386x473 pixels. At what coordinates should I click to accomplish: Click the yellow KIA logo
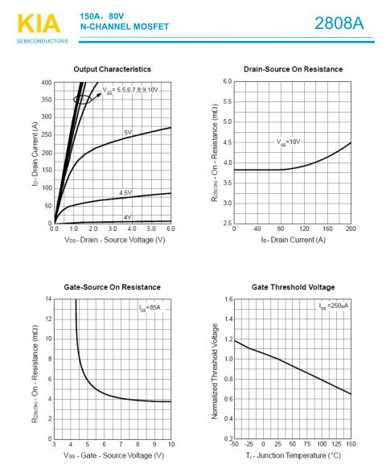pos(39,23)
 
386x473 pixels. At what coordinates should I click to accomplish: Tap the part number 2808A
pos(339,23)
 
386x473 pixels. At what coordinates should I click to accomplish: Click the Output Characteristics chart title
pos(113,69)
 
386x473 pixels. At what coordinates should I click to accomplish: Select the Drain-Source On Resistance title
pos(293,69)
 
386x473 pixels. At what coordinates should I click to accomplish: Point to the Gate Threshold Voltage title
pos(293,287)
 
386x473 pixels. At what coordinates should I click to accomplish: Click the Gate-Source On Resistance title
pos(113,287)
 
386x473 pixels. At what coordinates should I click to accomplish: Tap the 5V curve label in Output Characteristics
pos(128,133)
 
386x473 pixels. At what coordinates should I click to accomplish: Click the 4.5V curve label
pos(125,193)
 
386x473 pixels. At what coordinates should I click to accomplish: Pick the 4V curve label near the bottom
pos(128,217)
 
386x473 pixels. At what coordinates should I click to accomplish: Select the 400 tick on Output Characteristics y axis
pos(47,82)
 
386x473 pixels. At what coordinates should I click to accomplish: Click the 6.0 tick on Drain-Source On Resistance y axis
pos(228,81)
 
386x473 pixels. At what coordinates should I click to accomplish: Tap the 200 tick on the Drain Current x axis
pos(351,228)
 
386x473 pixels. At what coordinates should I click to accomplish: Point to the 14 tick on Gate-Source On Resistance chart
pos(48,299)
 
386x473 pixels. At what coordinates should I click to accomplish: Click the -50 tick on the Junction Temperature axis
pos(234,444)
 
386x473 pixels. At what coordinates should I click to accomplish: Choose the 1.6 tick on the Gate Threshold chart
pos(229,299)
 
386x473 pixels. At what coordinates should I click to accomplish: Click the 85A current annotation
pos(150,307)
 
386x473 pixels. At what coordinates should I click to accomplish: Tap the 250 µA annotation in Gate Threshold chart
pos(334,306)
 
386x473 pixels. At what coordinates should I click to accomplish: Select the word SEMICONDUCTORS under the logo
pos(43,41)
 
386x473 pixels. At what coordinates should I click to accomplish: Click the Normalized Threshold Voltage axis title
pos(215,371)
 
